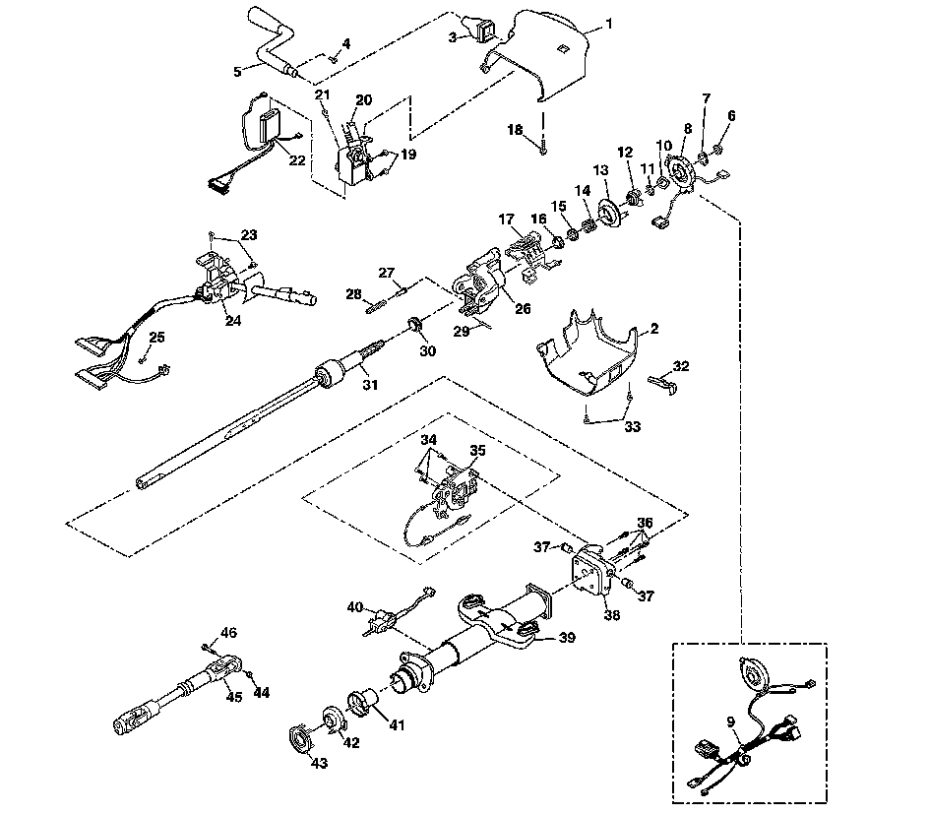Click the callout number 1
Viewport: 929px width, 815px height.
pos(608,25)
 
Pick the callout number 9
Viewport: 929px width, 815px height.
pos(731,721)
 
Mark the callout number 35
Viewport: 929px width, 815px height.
pos(477,450)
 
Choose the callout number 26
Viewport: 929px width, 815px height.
pos(522,308)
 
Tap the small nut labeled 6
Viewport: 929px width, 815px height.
pos(716,150)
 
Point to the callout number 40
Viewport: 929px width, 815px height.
pos(355,607)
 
